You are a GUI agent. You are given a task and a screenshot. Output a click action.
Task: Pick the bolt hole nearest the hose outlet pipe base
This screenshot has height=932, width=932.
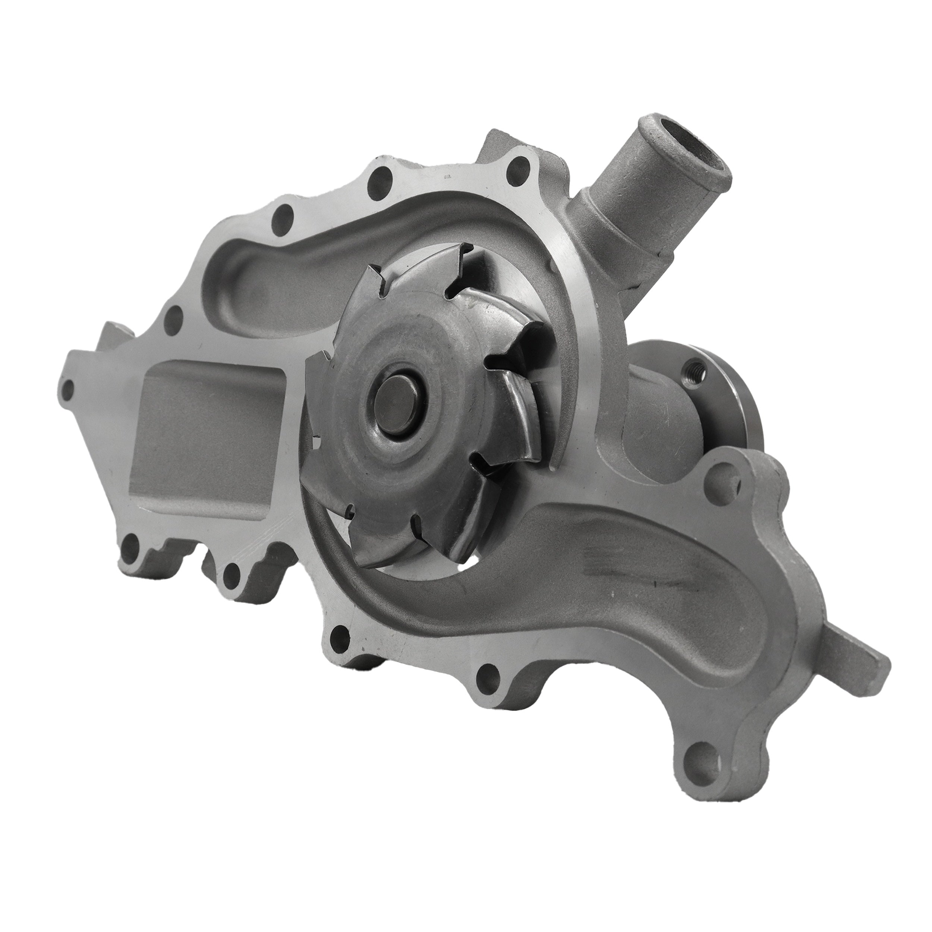[519, 169]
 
